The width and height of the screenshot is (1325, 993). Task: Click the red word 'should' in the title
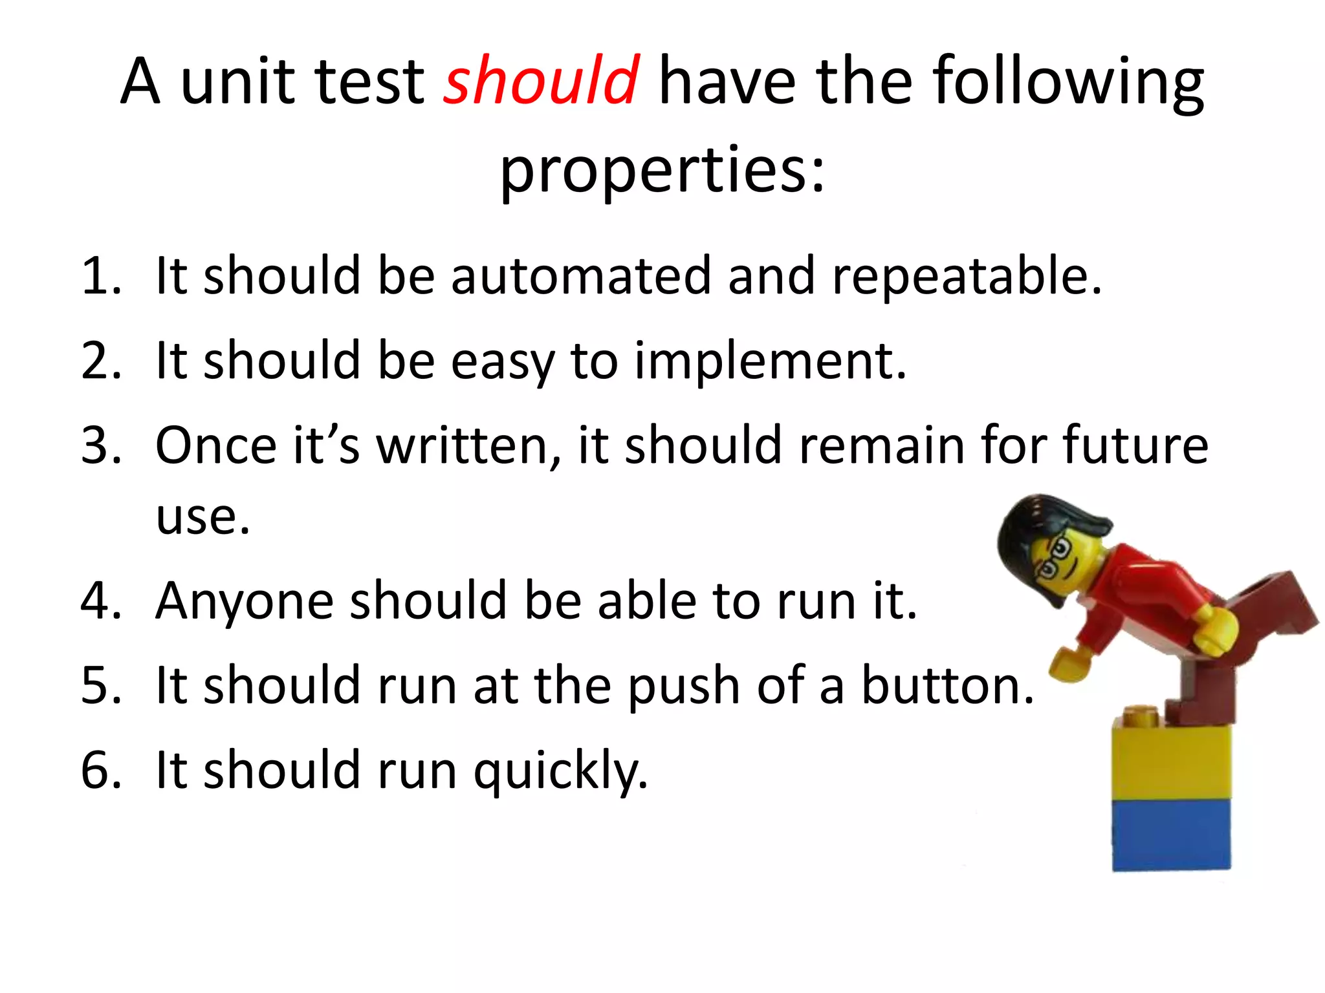(542, 81)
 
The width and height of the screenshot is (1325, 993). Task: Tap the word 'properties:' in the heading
(662, 170)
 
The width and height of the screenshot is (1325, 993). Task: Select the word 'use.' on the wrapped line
(203, 517)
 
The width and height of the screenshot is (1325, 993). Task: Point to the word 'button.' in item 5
(948, 685)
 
